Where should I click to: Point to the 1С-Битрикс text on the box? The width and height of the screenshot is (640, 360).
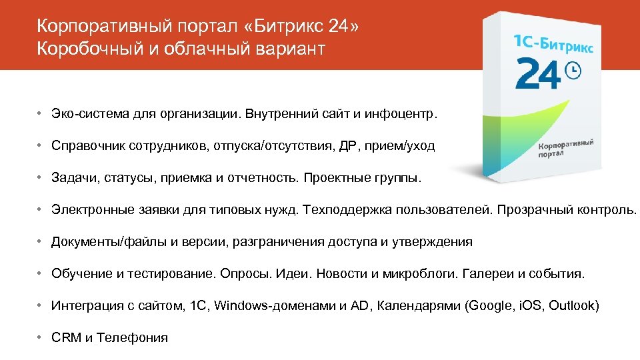[x=553, y=43]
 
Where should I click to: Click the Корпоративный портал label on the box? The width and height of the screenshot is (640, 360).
[x=565, y=148]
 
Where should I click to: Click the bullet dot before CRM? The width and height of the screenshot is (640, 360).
[x=41, y=338]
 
